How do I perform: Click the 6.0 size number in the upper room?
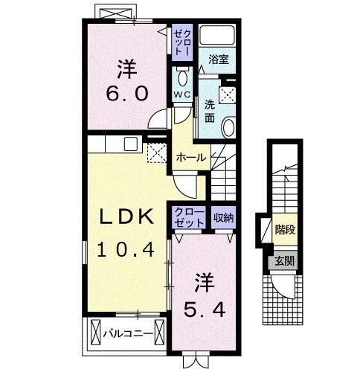tap(124, 94)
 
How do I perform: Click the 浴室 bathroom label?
tap(217, 57)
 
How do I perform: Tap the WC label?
tap(183, 94)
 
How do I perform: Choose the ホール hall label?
tap(191, 157)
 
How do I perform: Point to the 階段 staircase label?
tap(284, 228)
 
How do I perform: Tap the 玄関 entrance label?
tap(283, 260)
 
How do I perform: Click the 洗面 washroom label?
tap(210, 110)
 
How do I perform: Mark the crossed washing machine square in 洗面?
tap(228, 94)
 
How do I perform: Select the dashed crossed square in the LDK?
tap(156, 153)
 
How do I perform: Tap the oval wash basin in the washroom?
tap(228, 126)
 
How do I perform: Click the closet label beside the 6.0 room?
tap(182, 41)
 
